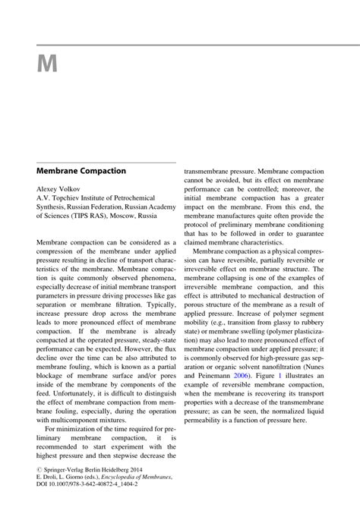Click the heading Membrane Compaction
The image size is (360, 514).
click(x=81, y=171)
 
